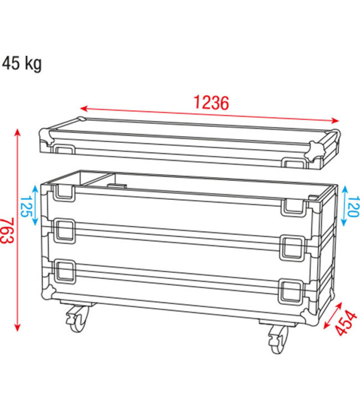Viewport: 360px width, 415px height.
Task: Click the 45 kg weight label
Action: (22, 64)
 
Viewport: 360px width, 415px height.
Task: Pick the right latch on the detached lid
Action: (293, 163)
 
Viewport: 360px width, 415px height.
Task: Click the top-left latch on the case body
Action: (64, 191)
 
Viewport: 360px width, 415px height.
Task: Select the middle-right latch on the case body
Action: (292, 246)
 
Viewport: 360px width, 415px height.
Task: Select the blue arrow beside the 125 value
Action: (35, 205)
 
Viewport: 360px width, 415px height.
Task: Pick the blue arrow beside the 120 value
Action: (344, 205)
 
